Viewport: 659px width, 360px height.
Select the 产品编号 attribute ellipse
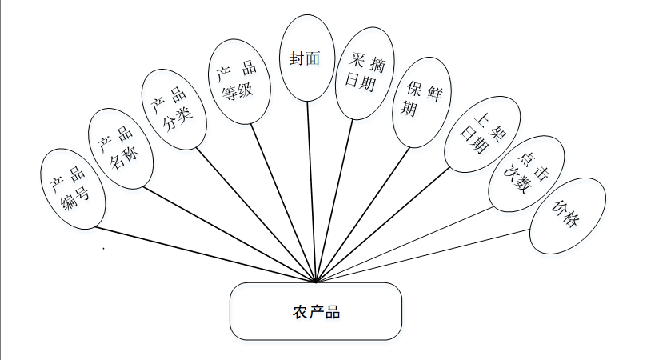coord(73,189)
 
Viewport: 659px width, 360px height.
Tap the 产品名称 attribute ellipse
coord(120,148)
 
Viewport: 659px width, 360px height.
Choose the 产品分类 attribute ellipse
coord(174,109)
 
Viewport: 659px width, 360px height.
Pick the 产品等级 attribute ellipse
coord(237,82)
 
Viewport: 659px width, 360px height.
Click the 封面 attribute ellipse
coord(308,60)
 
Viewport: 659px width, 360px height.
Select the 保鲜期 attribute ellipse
coord(422,101)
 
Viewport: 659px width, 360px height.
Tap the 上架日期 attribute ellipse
coord(477,133)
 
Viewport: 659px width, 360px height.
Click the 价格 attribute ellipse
coord(567,217)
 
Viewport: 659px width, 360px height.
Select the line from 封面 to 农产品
coord(313,192)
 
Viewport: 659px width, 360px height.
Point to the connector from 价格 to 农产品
coord(424,256)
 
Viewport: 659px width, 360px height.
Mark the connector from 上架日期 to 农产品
coord(384,225)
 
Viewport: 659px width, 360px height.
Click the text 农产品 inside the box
coord(316,312)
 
